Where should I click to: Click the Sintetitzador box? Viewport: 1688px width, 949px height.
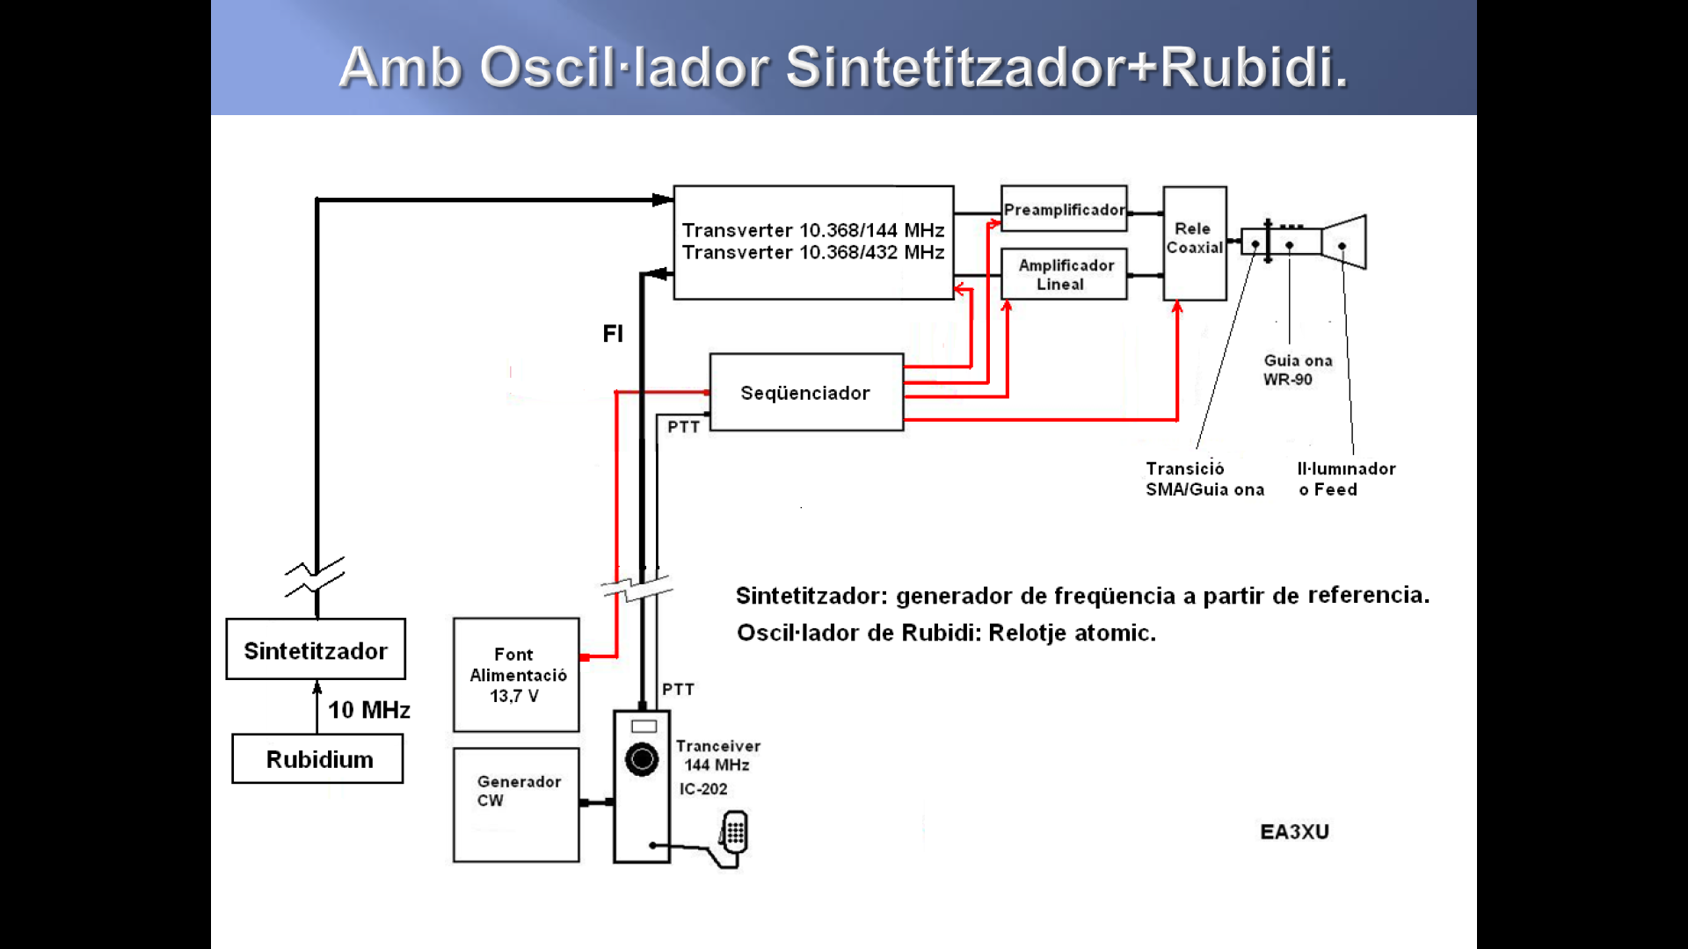click(x=316, y=650)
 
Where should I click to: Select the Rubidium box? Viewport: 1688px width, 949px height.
click(x=318, y=759)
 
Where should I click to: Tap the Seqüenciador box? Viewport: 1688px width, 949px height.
click(x=806, y=393)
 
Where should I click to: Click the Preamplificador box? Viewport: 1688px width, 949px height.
click(x=1064, y=209)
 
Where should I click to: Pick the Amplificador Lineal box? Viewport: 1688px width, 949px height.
click(x=1064, y=274)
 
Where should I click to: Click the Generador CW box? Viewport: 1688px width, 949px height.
click(x=516, y=804)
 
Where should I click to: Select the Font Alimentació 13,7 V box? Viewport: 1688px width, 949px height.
click(x=516, y=675)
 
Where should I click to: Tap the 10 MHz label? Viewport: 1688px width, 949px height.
click(x=369, y=710)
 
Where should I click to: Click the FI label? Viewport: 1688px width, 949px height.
click(x=613, y=334)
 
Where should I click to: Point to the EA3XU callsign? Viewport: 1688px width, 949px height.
click(x=1294, y=831)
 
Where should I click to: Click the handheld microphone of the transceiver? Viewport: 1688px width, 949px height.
click(x=734, y=833)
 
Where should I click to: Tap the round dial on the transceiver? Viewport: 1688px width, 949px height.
click(x=642, y=759)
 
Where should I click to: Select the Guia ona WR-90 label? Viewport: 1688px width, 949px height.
click(x=1298, y=370)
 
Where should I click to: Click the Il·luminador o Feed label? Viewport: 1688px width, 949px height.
click(x=1346, y=479)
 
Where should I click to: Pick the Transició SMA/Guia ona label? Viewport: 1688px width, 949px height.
click(x=1204, y=479)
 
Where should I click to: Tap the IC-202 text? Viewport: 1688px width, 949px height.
click(x=703, y=789)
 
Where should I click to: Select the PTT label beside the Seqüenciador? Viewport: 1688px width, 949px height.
click(x=683, y=427)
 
